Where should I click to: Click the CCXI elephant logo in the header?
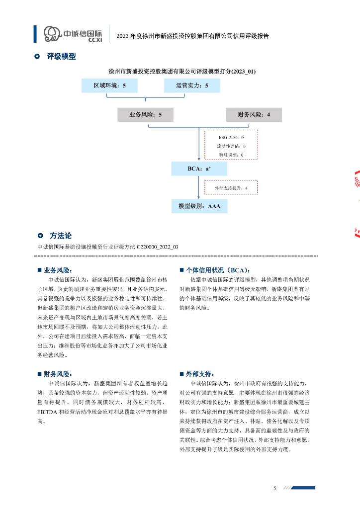[x=52, y=34]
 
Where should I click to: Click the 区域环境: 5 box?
[x=110, y=86]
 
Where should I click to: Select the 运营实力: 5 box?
[x=192, y=86]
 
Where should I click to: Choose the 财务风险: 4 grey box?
[x=254, y=115]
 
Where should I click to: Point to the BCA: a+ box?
[x=199, y=169]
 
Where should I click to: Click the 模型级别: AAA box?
[x=199, y=205]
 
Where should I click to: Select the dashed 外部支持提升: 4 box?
[x=231, y=188]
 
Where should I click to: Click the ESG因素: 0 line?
[x=231, y=137]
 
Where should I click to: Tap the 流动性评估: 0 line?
[x=231, y=146]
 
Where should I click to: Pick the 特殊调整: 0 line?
[x=231, y=155]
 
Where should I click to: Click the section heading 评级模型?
[x=61, y=57]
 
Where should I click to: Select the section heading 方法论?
[x=61, y=236]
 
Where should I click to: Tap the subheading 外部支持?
[x=200, y=373]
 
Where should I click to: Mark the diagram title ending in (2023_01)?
[x=182, y=72]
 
